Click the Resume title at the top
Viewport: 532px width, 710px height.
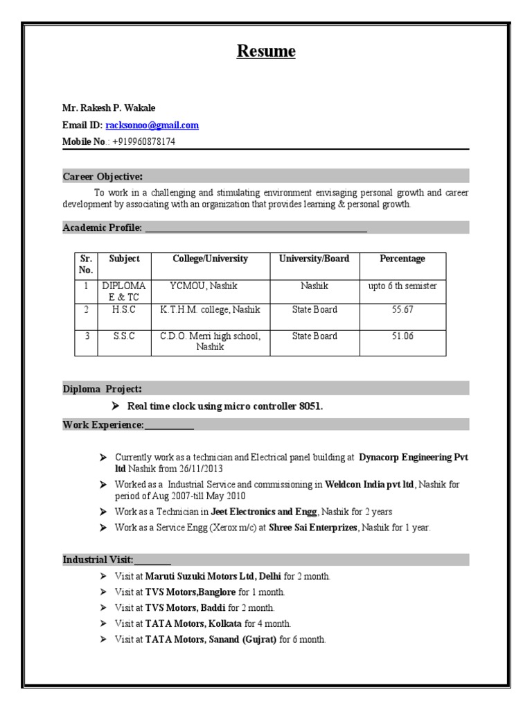point(266,51)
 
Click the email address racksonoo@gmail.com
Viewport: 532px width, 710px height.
point(152,125)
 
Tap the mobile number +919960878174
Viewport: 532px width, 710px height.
point(143,142)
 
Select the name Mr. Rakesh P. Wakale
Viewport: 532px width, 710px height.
point(109,108)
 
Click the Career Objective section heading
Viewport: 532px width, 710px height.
point(103,176)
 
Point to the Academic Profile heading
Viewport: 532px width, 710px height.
point(103,227)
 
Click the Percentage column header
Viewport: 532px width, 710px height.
point(402,259)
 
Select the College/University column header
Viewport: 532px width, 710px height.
point(210,259)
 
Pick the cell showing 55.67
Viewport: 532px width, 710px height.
point(402,309)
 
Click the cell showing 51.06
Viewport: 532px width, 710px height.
point(402,336)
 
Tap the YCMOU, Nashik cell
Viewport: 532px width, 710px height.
point(210,286)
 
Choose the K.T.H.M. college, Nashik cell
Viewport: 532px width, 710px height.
point(210,309)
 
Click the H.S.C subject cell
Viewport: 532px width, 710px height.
point(124,309)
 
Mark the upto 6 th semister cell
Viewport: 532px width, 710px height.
point(402,286)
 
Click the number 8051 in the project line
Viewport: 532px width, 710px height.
point(310,406)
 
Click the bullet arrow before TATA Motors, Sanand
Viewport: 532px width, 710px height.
point(103,639)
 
